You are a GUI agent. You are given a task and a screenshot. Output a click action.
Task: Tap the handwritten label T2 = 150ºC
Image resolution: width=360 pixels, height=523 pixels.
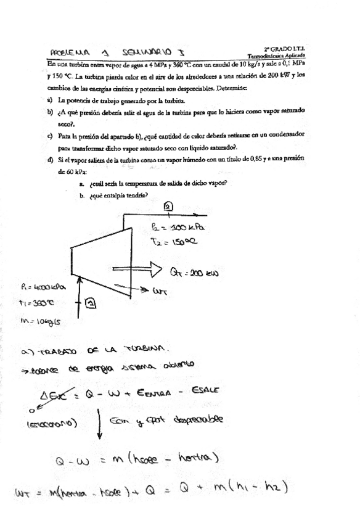tap(174, 242)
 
